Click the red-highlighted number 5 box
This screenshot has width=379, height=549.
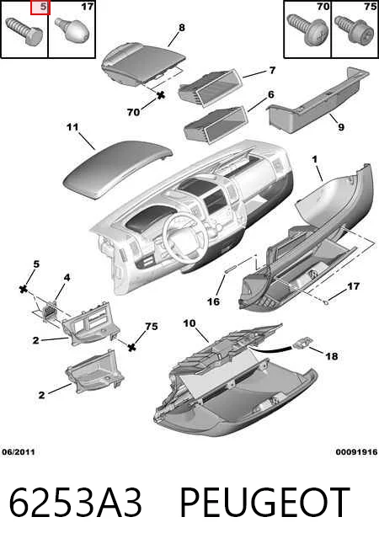pyautogui.click(x=40, y=8)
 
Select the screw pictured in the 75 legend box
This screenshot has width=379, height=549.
pyautogui.click(x=351, y=30)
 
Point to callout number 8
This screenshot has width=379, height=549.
pyautogui.click(x=181, y=27)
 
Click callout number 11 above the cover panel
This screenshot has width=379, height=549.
pyautogui.click(x=72, y=127)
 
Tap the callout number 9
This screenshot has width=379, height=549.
pyautogui.click(x=341, y=127)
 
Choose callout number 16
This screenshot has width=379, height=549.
pyautogui.click(x=213, y=301)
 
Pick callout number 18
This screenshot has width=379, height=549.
pyautogui.click(x=332, y=356)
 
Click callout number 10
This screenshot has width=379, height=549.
pyautogui.click(x=189, y=323)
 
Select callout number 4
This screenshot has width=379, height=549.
pyautogui.click(x=67, y=278)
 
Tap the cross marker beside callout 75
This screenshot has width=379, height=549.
pyautogui.click(x=131, y=347)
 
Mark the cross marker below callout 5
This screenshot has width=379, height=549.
pyautogui.click(x=24, y=289)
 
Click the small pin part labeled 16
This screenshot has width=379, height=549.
pyautogui.click(x=232, y=269)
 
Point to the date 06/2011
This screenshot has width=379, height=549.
pyautogui.click(x=19, y=452)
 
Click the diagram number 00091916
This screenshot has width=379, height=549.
pyautogui.click(x=356, y=452)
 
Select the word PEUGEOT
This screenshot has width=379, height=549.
pyautogui.click(x=264, y=503)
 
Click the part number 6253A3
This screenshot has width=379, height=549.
pyautogui.click(x=76, y=503)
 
